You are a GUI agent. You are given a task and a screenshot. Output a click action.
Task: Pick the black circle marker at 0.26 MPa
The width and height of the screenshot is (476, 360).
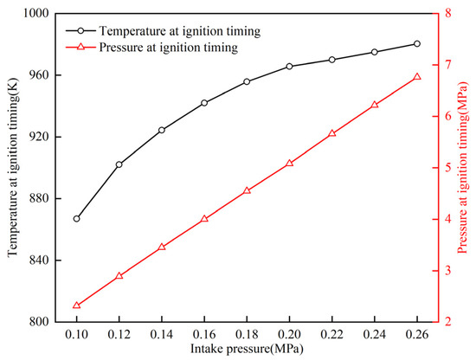tap(417, 43)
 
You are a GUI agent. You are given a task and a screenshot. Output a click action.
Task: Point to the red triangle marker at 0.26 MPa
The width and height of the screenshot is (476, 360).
tap(417, 76)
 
